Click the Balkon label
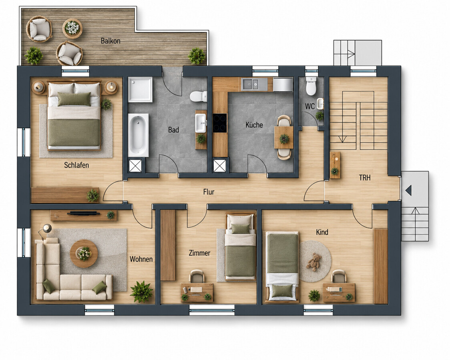110,41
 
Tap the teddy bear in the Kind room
314,262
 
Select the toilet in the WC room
311,86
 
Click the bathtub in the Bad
139,135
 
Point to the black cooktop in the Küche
220,123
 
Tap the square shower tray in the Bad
140,90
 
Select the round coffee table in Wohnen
84,254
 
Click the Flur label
209,192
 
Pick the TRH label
364,178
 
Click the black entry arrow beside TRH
409,190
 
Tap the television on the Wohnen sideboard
84,213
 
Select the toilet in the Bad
198,96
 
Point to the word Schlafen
76,165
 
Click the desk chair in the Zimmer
197,276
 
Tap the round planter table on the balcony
72,28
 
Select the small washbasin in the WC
320,104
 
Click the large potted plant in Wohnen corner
141,292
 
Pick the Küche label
254,125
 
